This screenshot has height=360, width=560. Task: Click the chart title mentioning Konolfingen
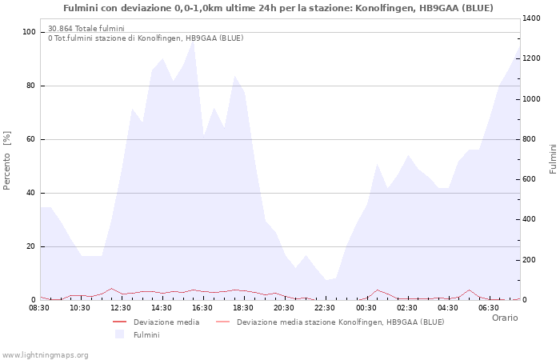click(278, 8)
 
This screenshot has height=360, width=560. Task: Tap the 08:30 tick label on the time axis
click(39, 307)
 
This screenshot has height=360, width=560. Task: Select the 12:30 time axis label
click(121, 307)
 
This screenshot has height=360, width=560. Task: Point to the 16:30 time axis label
click(202, 307)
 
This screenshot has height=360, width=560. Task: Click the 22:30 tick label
click(325, 307)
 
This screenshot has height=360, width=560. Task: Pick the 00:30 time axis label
click(366, 307)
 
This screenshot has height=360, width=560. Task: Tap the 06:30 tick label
click(488, 307)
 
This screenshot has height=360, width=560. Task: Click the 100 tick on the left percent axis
click(30, 32)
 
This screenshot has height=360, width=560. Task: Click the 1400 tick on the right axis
click(532, 18)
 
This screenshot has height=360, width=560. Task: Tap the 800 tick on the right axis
click(530, 139)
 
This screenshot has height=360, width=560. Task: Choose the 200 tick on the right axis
click(530, 260)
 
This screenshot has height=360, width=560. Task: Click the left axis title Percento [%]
click(7, 160)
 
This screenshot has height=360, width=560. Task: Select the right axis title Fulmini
click(553, 158)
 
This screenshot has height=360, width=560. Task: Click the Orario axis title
click(504, 318)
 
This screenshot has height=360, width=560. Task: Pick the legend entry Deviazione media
click(166, 322)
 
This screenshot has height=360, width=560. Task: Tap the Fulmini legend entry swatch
click(120, 334)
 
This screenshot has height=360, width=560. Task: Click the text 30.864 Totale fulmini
click(86, 29)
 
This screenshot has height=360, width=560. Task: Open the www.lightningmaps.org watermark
click(45, 354)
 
